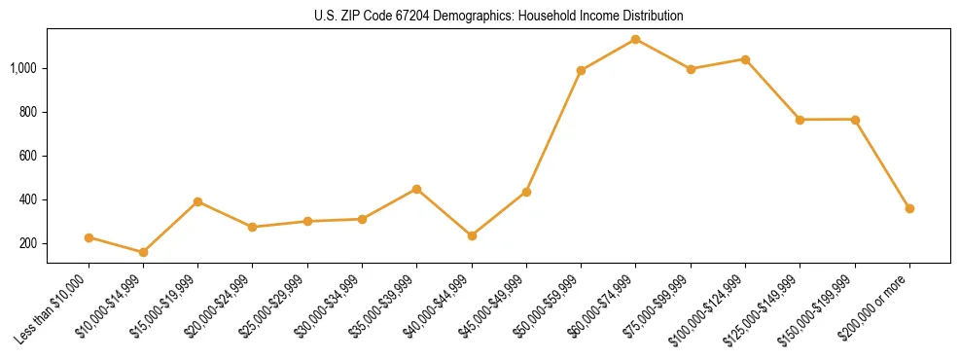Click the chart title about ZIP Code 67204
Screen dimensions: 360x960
coord(498,16)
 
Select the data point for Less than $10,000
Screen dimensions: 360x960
coord(89,237)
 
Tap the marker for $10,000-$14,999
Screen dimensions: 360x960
coord(143,252)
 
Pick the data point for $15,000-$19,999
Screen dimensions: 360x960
coord(197,201)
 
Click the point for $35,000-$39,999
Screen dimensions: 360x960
coord(416,189)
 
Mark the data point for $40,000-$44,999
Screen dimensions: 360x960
coord(472,235)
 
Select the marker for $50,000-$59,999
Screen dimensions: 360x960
coord(581,70)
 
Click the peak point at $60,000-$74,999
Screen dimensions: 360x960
coord(635,39)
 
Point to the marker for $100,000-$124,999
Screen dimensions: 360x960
coord(745,59)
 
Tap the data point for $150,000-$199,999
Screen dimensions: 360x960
coord(855,120)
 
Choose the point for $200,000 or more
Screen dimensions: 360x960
coord(909,208)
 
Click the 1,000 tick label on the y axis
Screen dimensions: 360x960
coord(24,68)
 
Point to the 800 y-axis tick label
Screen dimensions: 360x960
coord(29,112)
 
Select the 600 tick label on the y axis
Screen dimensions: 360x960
coord(29,156)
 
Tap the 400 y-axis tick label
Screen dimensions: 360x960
coord(29,199)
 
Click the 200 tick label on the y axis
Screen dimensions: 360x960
coord(29,243)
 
